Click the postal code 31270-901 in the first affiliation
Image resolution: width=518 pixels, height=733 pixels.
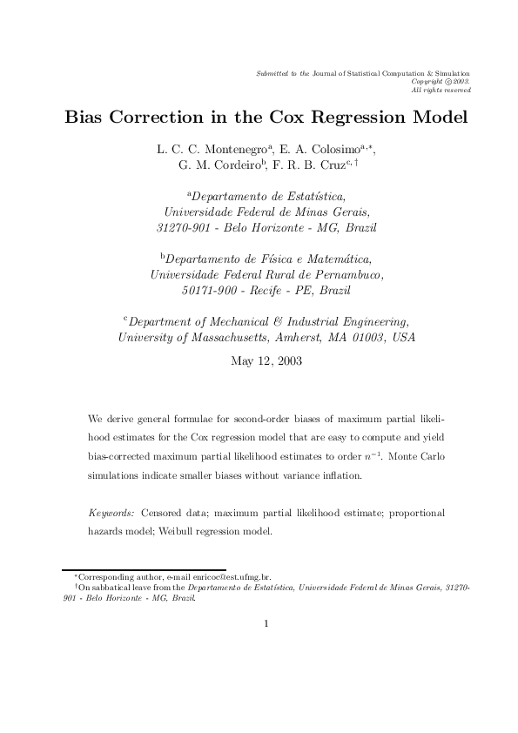(182, 228)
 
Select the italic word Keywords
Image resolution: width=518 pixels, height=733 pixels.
(111, 514)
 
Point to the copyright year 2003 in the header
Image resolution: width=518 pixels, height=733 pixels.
(461, 82)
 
